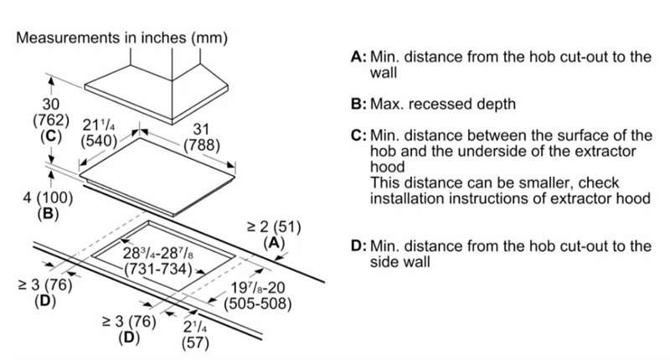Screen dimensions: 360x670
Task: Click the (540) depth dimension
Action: coord(98,142)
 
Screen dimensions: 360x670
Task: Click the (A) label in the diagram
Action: coord(275,243)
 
